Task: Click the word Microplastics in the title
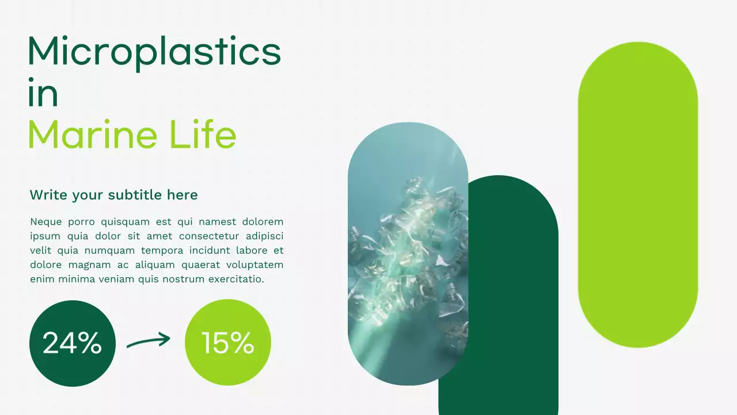(x=154, y=52)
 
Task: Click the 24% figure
(x=72, y=344)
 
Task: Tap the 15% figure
(x=227, y=344)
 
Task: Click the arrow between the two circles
(x=149, y=341)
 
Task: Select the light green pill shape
(x=637, y=194)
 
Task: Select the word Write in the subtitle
(x=48, y=195)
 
